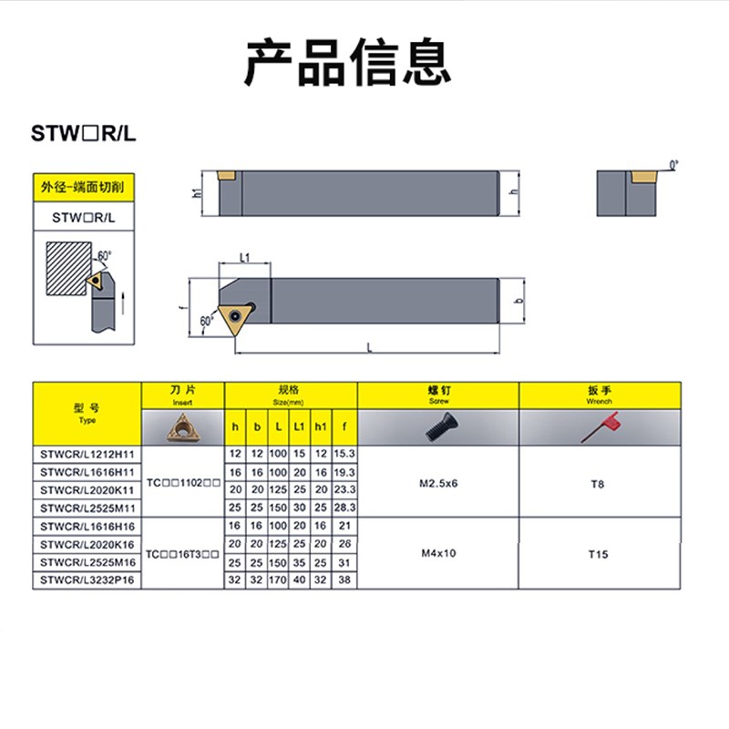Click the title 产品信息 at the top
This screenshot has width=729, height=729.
347,61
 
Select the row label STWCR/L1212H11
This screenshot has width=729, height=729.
87,454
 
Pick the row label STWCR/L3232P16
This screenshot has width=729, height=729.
87,579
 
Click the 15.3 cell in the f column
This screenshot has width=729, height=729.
344,454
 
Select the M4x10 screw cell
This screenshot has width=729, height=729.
438,552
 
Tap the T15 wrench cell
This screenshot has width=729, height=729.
598,552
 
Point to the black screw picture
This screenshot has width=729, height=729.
437,427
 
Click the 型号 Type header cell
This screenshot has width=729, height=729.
87,414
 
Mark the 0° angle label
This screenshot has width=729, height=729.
674,165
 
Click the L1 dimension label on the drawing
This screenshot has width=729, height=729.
245,258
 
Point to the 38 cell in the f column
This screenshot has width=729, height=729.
344,579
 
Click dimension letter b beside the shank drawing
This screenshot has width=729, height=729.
517,302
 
